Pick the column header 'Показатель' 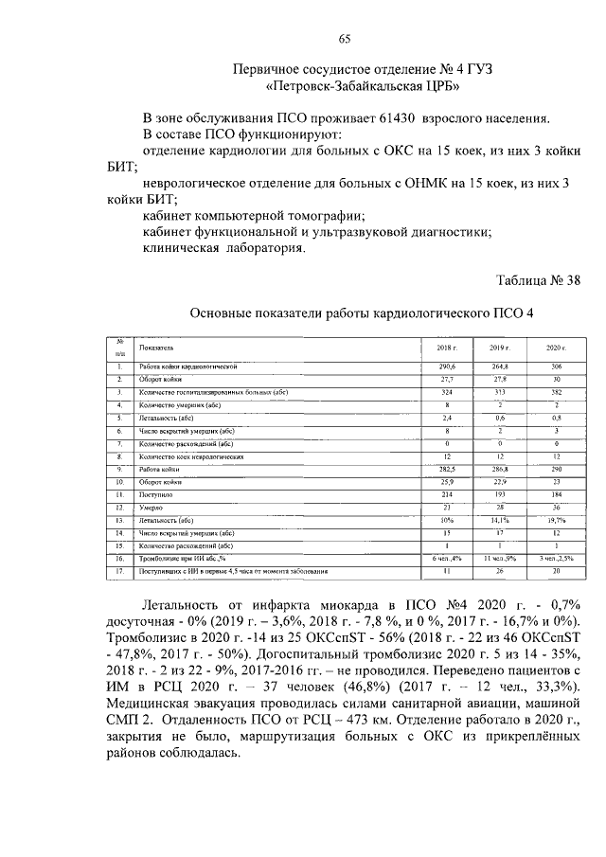[x=154, y=348]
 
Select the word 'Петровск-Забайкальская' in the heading [x=350, y=86]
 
